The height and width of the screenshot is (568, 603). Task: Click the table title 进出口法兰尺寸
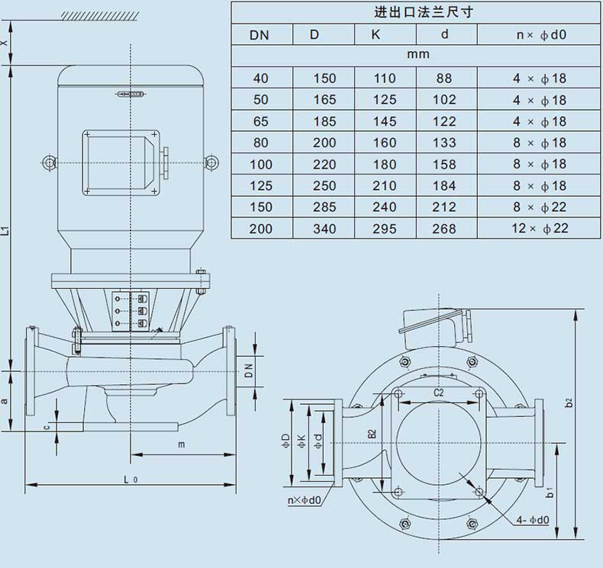click(x=424, y=12)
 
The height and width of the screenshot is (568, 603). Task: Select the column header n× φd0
click(x=541, y=35)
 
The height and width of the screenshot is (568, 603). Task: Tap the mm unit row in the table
click(x=418, y=55)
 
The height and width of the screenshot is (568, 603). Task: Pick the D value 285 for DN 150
click(x=324, y=207)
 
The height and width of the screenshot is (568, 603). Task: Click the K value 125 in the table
click(x=384, y=100)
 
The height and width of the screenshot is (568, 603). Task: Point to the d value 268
click(x=443, y=229)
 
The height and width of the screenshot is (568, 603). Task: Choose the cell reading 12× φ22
click(x=540, y=229)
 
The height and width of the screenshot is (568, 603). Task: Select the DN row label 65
click(x=260, y=121)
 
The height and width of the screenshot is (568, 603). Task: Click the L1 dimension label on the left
click(x=5, y=231)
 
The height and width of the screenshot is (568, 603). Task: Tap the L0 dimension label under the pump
click(x=131, y=480)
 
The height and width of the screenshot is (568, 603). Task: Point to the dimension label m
click(x=182, y=444)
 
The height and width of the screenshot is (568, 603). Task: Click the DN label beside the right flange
click(x=249, y=371)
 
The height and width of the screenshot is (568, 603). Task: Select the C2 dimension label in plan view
click(x=438, y=393)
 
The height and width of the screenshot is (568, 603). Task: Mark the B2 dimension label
click(x=372, y=434)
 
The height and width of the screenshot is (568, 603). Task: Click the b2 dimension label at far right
click(x=569, y=403)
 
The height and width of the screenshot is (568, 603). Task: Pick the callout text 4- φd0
click(x=533, y=520)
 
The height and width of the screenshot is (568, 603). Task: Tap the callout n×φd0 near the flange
click(x=305, y=500)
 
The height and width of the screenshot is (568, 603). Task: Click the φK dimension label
click(x=301, y=441)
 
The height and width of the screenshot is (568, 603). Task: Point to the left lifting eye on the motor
click(x=49, y=162)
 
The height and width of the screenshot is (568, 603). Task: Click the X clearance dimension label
click(x=4, y=43)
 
